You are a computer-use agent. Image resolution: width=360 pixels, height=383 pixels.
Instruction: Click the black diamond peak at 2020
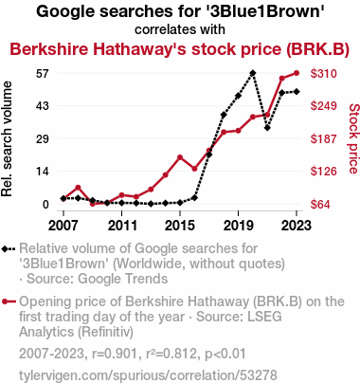pyautogui.click(x=253, y=73)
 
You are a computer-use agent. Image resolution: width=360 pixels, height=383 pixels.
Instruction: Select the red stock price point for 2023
pyautogui.click(x=297, y=73)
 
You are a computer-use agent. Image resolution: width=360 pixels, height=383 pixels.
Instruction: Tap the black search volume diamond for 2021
pyautogui.click(x=267, y=128)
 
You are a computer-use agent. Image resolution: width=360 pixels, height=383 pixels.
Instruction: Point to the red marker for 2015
pyautogui.click(x=180, y=157)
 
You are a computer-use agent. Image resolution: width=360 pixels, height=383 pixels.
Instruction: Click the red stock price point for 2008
pyautogui.click(x=78, y=188)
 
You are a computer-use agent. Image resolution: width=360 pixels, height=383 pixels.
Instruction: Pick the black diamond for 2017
pyautogui.click(x=209, y=155)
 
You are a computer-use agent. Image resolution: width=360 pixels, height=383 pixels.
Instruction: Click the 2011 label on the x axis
pyautogui.click(x=122, y=226)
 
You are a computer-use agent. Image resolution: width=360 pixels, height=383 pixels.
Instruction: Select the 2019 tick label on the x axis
pyautogui.click(x=238, y=226)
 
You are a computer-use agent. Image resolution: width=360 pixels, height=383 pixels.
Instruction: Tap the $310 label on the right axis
pyautogui.click(x=323, y=73)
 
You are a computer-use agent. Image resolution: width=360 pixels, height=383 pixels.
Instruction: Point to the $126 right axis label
pyautogui.click(x=323, y=171)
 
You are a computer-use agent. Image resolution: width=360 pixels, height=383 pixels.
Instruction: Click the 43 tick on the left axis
pyautogui.click(x=43, y=105)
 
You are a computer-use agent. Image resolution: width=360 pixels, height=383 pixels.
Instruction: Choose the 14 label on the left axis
pyautogui.click(x=43, y=172)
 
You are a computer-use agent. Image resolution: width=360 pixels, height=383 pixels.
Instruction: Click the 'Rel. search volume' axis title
pyautogui.click(x=7, y=139)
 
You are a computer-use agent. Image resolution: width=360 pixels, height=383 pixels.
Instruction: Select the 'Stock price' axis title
pyautogui.click(x=353, y=138)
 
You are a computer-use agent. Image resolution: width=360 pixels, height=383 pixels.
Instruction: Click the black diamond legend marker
pyautogui.click(x=9, y=248)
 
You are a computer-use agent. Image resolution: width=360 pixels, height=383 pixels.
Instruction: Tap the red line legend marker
pyautogui.click(x=9, y=301)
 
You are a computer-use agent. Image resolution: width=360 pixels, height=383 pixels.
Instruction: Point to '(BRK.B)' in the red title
pyautogui.click(x=317, y=49)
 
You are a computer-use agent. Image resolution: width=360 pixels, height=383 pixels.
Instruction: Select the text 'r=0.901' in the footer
pyautogui.click(x=114, y=354)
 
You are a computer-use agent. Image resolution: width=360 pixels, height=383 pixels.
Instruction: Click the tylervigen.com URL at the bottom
pyautogui.click(x=148, y=375)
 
